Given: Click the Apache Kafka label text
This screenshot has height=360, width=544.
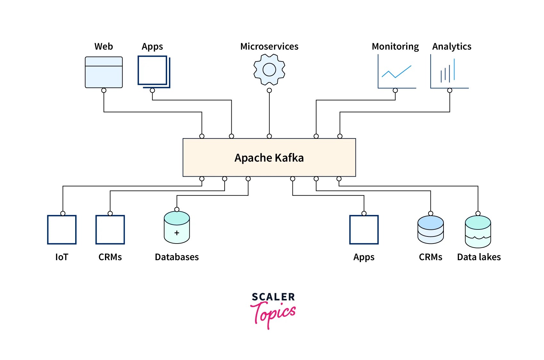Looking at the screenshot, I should point(269,158).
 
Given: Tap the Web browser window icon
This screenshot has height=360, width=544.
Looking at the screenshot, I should point(104,72).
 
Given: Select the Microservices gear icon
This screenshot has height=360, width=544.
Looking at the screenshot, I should point(269,69).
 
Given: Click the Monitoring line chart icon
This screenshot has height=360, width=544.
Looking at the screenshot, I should point(396,72).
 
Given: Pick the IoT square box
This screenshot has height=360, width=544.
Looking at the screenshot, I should point(62,230).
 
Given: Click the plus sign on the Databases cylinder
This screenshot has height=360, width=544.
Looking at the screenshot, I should point(177,233).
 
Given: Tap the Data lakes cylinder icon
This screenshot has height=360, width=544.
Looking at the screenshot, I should point(478,232).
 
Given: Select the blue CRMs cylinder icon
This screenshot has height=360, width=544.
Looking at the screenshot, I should point(430,230).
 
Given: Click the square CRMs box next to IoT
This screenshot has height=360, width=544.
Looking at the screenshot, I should point(110,230).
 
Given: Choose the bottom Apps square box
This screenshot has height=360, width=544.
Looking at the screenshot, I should point(364,230).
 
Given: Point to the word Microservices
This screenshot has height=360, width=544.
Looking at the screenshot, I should point(269,47).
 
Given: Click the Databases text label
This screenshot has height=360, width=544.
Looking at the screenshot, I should point(177,257).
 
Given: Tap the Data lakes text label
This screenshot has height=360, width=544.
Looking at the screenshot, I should point(479,257).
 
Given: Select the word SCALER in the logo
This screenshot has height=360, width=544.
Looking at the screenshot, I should point(273,297).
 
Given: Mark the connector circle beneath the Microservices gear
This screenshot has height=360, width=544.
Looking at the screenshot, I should point(269,91).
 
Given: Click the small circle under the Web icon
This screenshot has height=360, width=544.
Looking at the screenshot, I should point(104,91).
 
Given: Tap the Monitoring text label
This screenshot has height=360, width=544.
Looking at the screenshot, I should point(395,47).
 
